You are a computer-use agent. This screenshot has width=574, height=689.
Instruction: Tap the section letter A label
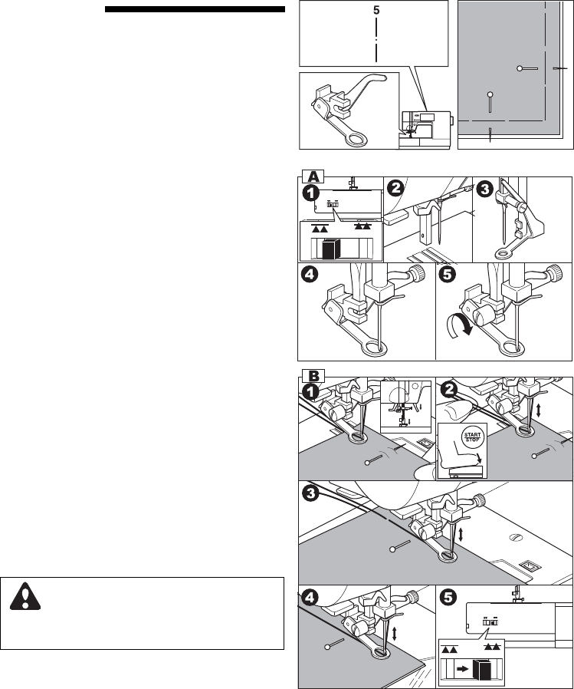(x=313, y=174)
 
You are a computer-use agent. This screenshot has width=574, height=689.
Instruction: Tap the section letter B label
(x=313, y=375)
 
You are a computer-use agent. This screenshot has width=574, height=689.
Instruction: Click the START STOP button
(x=468, y=440)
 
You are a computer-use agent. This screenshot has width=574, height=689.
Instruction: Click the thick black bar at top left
(x=195, y=10)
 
